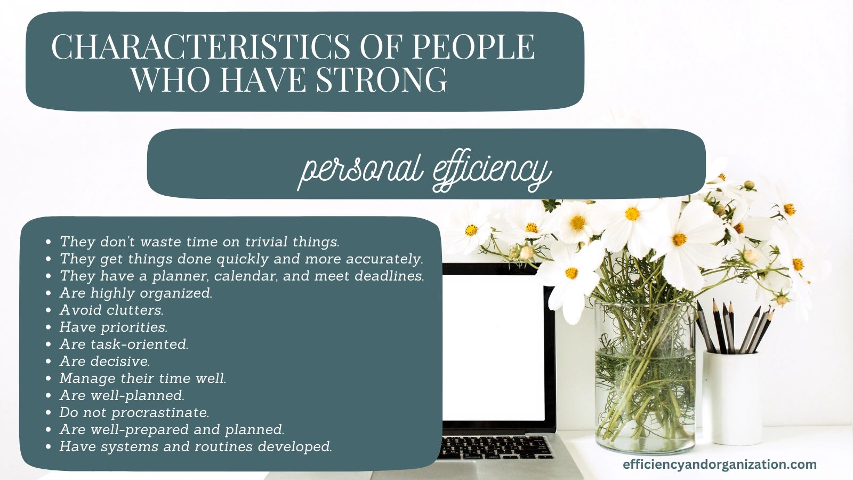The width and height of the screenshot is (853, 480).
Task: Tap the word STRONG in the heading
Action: point(382,79)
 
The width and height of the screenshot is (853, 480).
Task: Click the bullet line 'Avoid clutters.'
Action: point(111,310)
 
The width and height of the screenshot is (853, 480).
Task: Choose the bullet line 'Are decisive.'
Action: point(104,361)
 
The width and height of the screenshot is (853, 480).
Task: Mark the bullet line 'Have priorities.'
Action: point(114,327)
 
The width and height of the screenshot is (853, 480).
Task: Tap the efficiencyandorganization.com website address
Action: point(720,465)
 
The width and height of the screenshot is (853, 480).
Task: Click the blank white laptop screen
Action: point(494,347)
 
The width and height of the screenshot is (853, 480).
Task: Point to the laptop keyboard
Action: point(495,447)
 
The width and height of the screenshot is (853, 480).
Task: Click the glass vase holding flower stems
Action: point(645,377)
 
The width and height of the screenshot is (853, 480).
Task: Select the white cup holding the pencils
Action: point(731,398)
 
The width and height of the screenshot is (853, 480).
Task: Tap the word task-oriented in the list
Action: point(139,345)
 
